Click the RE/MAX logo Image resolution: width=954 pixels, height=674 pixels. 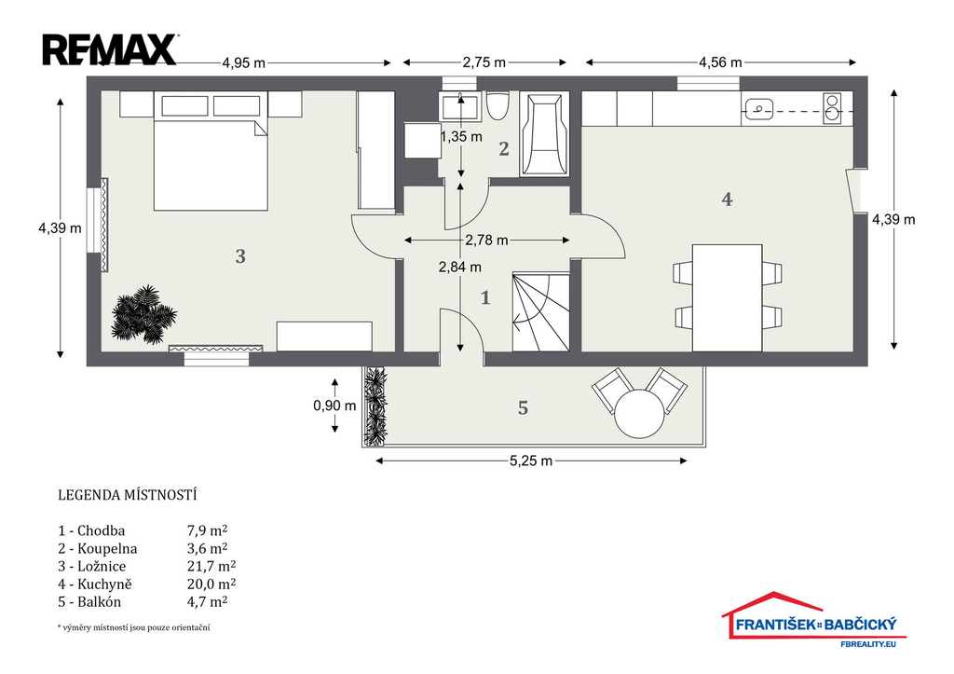click(x=110, y=50)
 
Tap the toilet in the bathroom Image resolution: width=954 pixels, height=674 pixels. click(x=497, y=106)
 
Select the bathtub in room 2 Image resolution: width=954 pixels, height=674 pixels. click(x=544, y=134)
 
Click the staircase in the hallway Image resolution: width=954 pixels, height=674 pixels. click(x=541, y=311)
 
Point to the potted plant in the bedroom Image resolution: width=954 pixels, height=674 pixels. click(x=143, y=313)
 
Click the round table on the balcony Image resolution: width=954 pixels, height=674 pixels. click(x=639, y=413)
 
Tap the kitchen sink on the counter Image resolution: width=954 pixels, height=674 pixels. click(x=756, y=110)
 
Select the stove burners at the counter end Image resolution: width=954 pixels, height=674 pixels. click(x=832, y=108)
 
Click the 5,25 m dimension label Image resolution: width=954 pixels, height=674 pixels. click(x=531, y=461)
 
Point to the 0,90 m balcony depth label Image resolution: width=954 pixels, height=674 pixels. click(x=334, y=406)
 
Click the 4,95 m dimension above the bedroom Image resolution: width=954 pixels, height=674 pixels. click(x=243, y=62)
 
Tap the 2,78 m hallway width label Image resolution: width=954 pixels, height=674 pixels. click(x=486, y=241)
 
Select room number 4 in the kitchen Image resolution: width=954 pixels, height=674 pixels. click(x=727, y=199)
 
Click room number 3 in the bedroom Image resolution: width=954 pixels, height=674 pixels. click(x=240, y=256)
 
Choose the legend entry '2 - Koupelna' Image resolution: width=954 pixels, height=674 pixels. click(x=98, y=548)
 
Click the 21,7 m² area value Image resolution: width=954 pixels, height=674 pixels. click(x=211, y=566)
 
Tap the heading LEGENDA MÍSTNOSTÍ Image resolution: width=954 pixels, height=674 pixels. click(x=127, y=495)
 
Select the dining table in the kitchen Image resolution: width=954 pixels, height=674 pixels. click(x=727, y=297)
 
